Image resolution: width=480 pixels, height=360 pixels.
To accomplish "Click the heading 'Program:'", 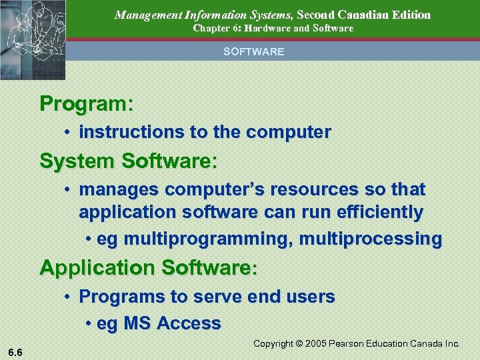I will point(87,104).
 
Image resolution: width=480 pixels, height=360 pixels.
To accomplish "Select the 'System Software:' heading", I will point(129,161).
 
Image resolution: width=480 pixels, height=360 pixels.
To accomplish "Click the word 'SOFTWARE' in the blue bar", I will point(253,51).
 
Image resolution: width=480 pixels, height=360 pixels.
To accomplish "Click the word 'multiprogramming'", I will point(193,239).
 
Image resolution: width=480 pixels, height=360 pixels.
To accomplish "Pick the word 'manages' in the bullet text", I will point(119,190).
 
